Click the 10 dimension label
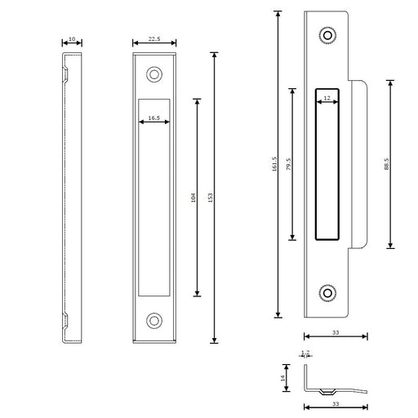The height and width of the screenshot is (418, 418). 72,39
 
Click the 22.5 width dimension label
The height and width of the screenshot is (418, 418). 154,39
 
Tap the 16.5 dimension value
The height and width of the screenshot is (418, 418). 154,118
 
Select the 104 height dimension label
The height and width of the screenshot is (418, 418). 193,198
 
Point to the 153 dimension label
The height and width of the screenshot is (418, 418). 210,198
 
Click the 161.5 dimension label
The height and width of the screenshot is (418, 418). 274,164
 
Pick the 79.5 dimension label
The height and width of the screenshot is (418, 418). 288,164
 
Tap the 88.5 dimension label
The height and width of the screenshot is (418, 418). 387,164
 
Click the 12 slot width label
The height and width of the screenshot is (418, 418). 327,98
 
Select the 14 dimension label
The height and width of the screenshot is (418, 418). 282,378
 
